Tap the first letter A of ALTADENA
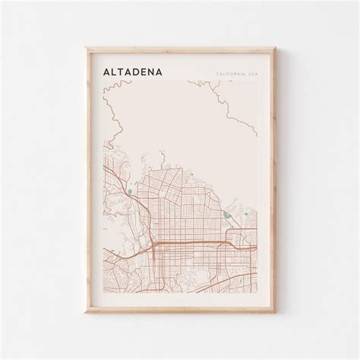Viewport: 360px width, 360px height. tap(105, 71)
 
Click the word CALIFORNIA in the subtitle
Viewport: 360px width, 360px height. tap(229, 74)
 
